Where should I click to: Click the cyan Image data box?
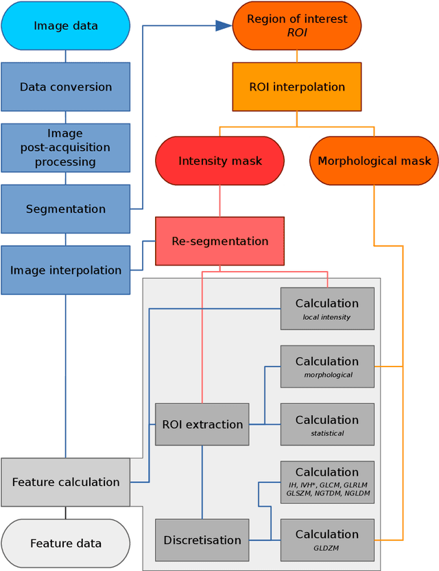pos(66,26)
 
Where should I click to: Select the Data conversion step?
pos(66,87)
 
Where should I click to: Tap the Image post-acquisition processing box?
pos(66,148)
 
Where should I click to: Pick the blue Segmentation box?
pos(66,209)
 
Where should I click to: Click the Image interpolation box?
pos(66,270)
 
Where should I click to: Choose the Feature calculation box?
pos(66,482)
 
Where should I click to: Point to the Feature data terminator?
pos(66,543)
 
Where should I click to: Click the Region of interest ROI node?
pos(297,26)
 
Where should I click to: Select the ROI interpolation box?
pos(297,87)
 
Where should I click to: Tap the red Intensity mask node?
pos(219,161)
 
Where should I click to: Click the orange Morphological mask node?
pos(375,161)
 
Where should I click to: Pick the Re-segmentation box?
pos(219,241)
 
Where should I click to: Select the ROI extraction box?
pos(202,424)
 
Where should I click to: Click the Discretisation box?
pos(202,540)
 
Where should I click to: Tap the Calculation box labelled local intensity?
pos(327,308)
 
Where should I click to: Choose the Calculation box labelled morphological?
pos(327,366)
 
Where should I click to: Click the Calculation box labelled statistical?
pos(327,424)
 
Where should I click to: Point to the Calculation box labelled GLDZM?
pos(327,539)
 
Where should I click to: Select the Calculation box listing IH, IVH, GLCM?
pos(327,482)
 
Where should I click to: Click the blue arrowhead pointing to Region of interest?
pos(223,26)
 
